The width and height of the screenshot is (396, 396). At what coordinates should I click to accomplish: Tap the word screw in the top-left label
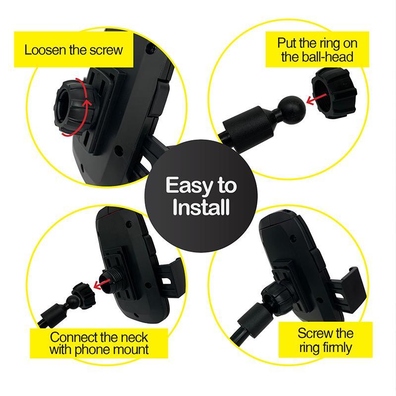[104, 50]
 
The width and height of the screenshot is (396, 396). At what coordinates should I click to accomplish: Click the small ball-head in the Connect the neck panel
[73, 300]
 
